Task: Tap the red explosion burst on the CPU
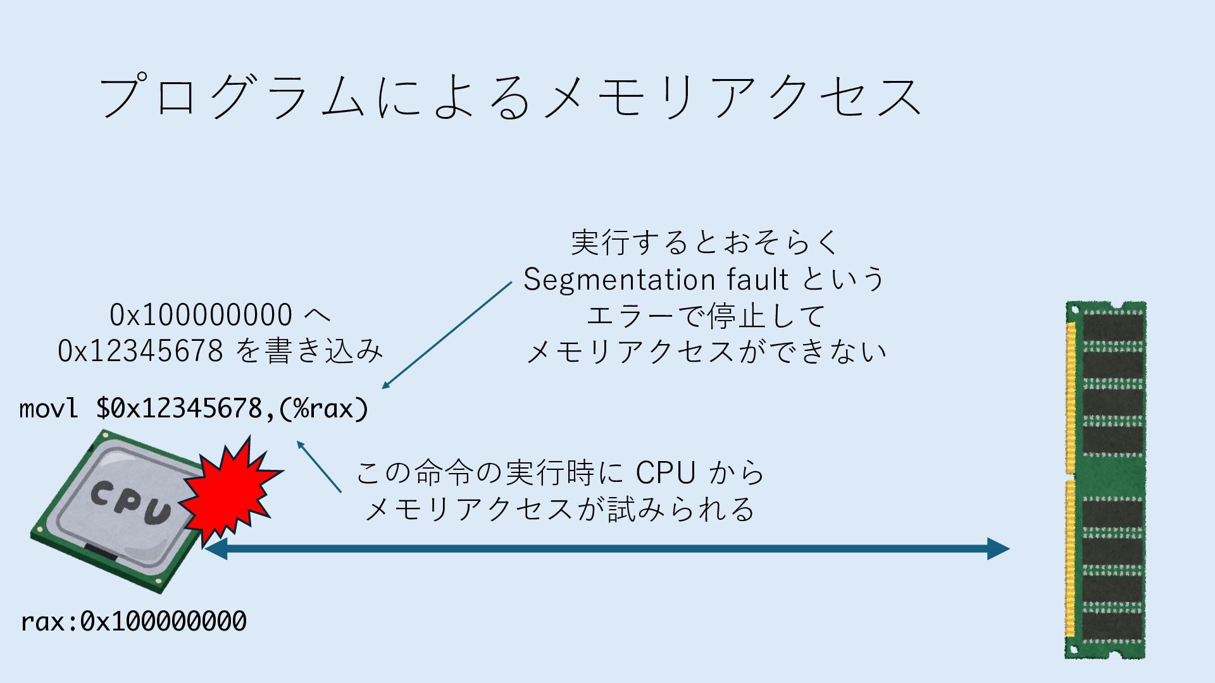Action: (231, 490)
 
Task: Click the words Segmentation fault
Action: (656, 280)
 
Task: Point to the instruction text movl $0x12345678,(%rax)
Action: (194, 409)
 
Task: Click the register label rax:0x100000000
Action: (134, 622)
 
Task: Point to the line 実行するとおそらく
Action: (704, 243)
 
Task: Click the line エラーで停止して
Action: (704, 316)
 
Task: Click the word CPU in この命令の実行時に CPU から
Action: (665, 473)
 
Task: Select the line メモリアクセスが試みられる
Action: (560, 509)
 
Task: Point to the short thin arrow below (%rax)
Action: (319, 467)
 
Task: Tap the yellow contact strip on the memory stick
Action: (1071, 481)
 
